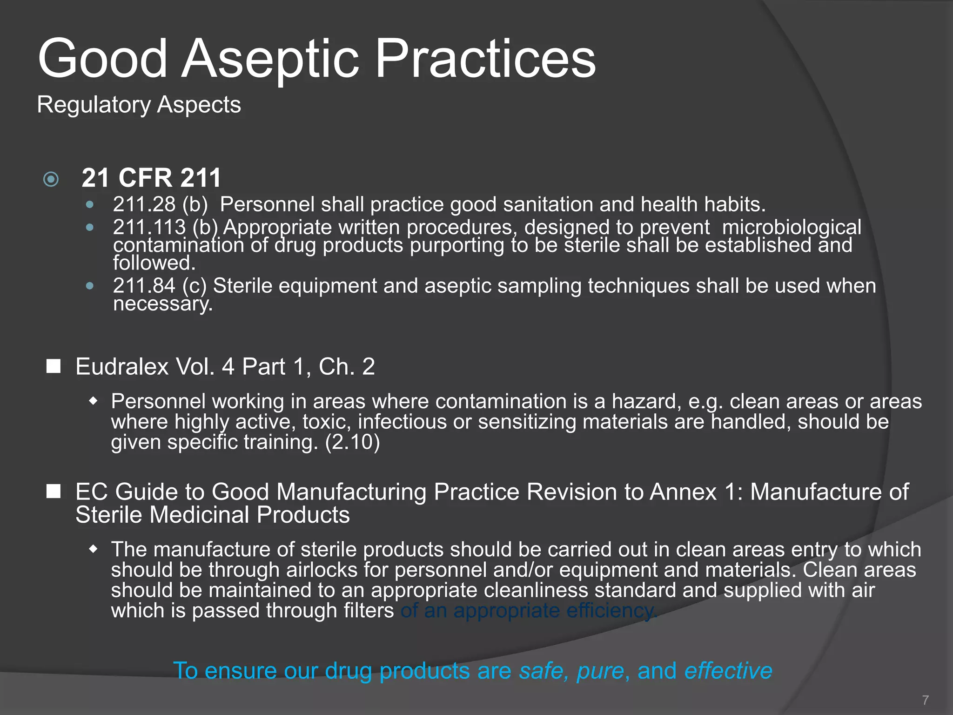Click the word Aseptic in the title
(270, 60)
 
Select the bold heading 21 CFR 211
(151, 178)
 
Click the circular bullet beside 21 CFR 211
(51, 179)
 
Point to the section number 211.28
(144, 204)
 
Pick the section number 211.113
(149, 227)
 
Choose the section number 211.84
(144, 286)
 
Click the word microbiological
(792, 227)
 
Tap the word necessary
(162, 304)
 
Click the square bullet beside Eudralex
(54, 366)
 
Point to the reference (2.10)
(352, 442)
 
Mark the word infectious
(402, 422)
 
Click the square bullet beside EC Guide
(54, 492)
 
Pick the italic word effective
(728, 671)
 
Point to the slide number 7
(925, 700)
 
